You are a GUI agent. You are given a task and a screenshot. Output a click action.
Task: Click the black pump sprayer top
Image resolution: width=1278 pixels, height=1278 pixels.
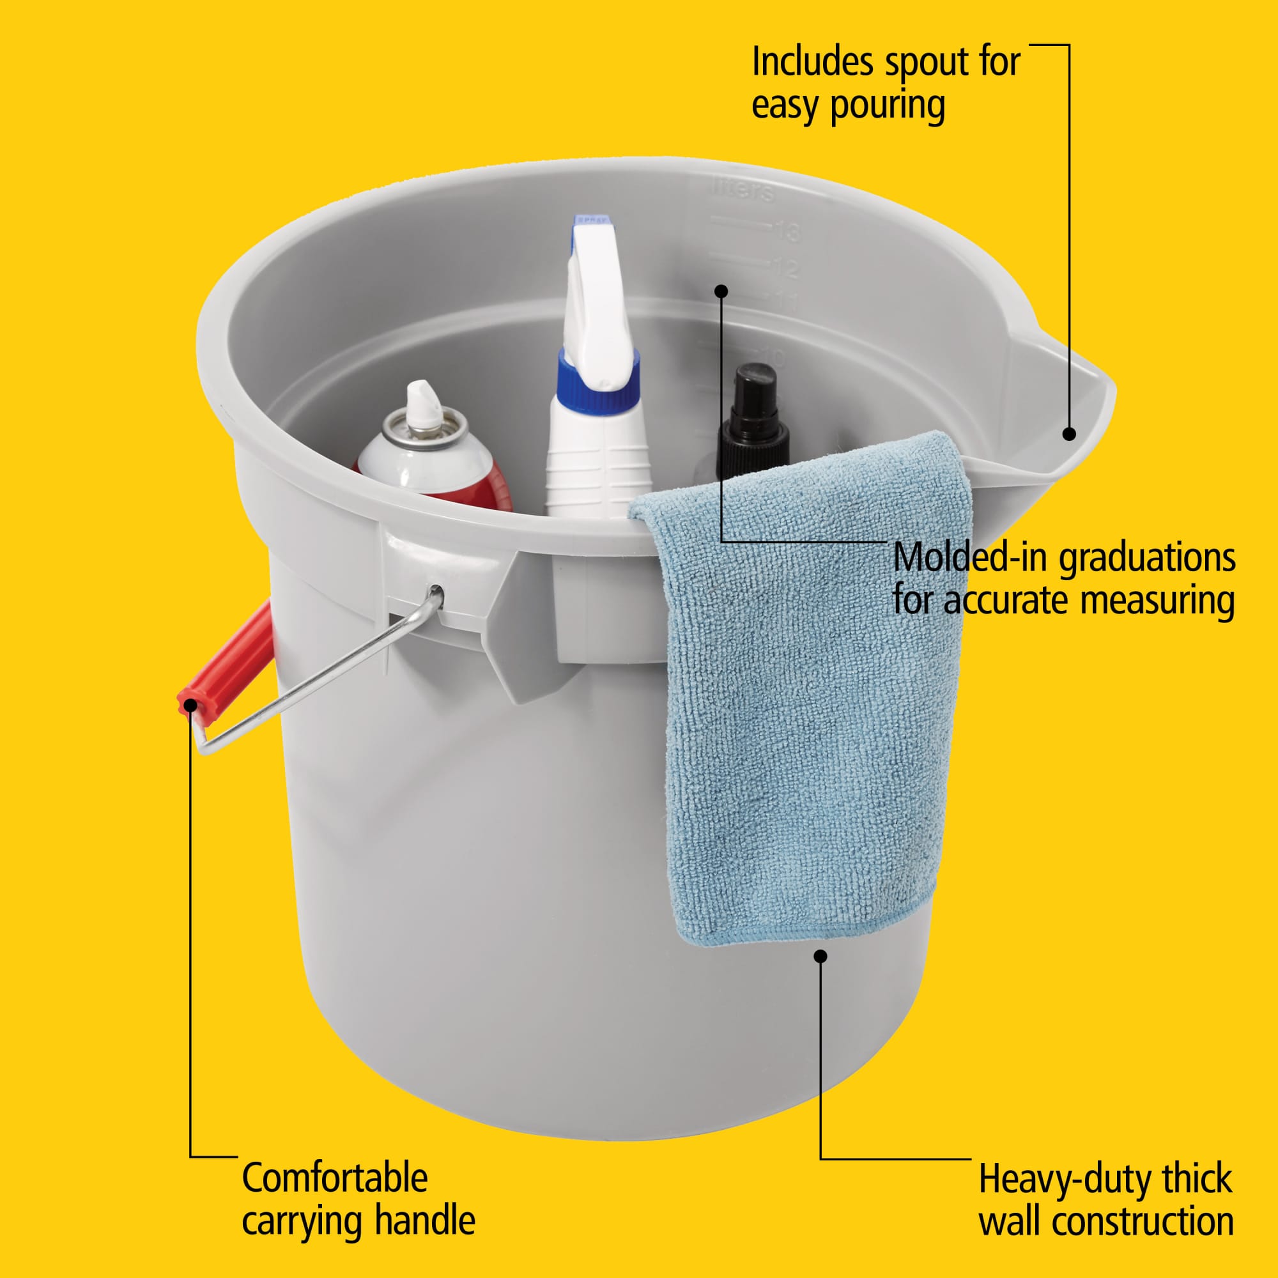pos(753,419)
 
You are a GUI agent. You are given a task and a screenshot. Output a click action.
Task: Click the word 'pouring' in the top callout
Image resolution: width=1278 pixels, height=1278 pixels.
pos(888,106)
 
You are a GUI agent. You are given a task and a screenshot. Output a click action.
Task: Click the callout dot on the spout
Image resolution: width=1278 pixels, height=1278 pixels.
pos(1069,434)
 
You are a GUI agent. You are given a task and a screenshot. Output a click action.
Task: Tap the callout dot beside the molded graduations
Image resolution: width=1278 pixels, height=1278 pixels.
pos(721,291)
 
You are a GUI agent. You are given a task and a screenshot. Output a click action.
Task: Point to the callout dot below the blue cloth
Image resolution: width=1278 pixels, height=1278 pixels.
pos(820,957)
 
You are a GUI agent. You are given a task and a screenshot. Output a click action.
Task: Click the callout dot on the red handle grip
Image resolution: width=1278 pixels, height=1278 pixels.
pos(190,705)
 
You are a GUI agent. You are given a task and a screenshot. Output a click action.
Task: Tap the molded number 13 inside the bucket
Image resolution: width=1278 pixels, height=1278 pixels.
pos(787,231)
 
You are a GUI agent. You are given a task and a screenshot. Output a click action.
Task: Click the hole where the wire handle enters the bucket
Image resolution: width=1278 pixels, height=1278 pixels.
pos(436,589)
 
